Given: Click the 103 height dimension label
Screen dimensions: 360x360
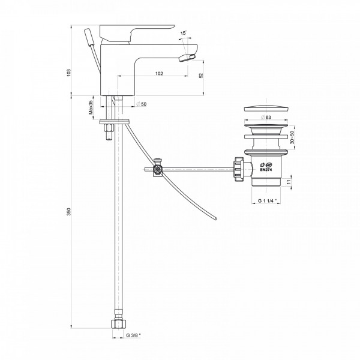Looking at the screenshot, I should (69, 71).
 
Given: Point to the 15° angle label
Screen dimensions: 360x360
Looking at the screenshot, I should (183, 32).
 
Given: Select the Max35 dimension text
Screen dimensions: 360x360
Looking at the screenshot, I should (91, 107).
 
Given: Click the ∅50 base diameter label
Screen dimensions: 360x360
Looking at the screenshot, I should (142, 104).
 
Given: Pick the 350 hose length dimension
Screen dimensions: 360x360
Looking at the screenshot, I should (69, 212).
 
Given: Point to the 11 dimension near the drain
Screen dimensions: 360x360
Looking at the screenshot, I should (290, 182).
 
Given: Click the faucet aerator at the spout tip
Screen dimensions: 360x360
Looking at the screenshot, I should (186, 56).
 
